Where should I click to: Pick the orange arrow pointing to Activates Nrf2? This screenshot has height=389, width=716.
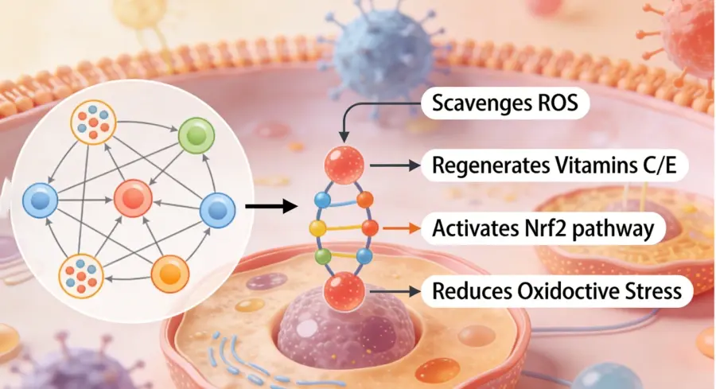(397, 229)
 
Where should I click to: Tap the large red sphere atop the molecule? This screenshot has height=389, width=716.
(344, 165)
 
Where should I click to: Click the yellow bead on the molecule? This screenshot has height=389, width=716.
(317, 228)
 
